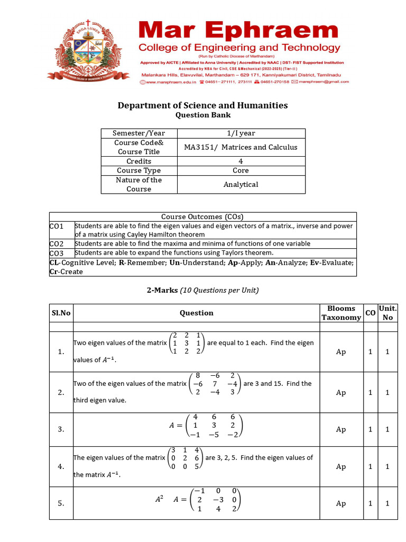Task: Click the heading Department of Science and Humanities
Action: point(202,105)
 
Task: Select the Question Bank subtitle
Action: point(202,115)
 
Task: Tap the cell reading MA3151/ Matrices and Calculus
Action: point(241,147)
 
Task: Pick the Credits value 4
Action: point(241,161)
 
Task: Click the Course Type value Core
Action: point(241,170)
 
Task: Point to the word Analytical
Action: point(241,184)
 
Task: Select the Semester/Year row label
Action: point(139,133)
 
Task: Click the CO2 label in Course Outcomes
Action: point(57,244)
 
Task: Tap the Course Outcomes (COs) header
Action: point(202,216)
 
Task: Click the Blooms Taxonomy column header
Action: point(341,313)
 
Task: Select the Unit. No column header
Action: point(387,313)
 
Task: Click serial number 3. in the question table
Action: point(61,429)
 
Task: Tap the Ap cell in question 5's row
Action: point(341,503)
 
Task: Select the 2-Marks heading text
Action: point(162,290)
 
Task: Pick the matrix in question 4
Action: point(185,458)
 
